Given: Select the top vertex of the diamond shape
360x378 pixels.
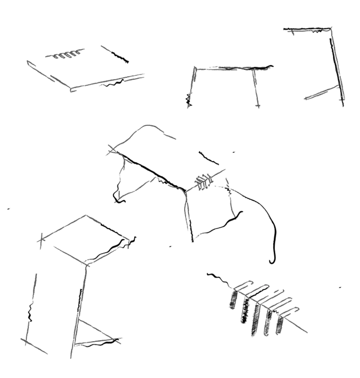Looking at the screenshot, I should point(86,214).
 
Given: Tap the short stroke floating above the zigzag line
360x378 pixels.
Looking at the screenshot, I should point(78,53).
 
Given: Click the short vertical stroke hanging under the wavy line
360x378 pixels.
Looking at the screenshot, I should point(257,91).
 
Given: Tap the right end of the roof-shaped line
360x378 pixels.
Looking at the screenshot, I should point(173,139).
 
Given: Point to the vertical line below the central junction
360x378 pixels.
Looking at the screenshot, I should point(186,215).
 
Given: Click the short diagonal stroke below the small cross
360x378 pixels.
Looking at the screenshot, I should point(41,350).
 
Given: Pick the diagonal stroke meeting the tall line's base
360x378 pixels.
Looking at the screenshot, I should point(321,93).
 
